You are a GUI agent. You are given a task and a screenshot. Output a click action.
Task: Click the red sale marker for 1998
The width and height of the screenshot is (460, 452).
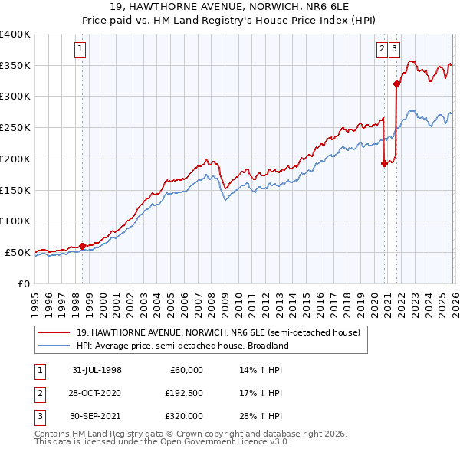click(83, 246)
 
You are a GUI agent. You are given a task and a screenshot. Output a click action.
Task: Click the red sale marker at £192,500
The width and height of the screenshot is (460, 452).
click(384, 162)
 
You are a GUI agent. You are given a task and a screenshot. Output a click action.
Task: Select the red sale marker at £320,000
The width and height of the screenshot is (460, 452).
click(396, 84)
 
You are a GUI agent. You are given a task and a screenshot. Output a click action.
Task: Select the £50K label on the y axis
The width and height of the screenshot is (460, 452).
click(18, 252)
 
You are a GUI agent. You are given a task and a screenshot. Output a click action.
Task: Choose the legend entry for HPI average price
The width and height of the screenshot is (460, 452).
click(182, 346)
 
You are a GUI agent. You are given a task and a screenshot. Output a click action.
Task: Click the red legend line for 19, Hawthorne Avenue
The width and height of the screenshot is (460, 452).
click(54, 332)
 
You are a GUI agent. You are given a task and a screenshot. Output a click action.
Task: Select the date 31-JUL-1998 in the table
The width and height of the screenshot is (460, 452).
click(97, 370)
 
